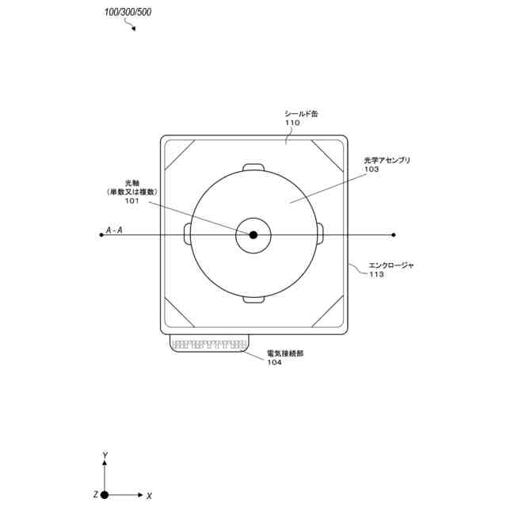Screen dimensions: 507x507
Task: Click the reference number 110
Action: (x=292, y=123)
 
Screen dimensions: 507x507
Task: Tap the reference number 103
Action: (x=372, y=170)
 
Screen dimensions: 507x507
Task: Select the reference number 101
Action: (x=132, y=200)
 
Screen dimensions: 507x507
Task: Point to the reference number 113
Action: (x=377, y=275)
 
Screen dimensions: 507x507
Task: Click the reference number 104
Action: (x=274, y=363)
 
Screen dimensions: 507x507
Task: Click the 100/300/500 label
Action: (x=128, y=13)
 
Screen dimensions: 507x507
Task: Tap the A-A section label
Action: (x=114, y=231)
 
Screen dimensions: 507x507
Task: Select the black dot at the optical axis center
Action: (x=253, y=234)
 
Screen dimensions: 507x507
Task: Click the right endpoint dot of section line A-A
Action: (x=393, y=234)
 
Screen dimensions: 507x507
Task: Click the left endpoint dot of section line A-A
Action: (x=101, y=234)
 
